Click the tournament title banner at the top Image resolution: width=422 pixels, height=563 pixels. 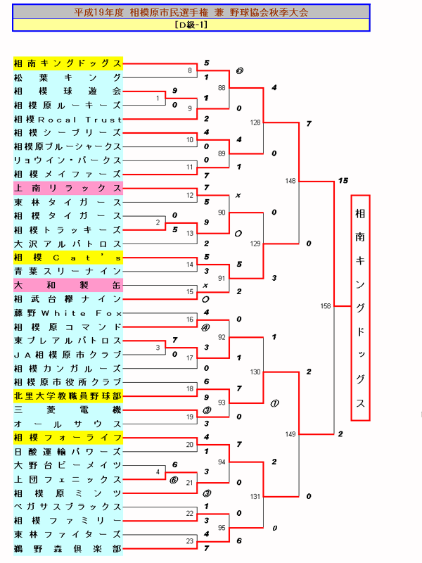191,12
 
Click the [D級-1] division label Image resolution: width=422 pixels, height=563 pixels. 191,25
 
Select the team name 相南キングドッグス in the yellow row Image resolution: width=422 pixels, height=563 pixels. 68,63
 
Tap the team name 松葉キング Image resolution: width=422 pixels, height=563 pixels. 68,77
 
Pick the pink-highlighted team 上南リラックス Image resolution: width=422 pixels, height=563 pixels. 68,188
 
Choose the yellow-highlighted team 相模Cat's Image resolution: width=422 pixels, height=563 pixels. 68,258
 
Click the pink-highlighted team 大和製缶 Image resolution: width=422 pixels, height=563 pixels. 68,285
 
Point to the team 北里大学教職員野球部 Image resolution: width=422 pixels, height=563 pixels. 68,396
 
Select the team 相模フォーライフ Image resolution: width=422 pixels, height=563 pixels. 68,437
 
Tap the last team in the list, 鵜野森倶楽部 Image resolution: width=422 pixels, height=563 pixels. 68,548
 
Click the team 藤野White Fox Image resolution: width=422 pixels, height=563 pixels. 68,312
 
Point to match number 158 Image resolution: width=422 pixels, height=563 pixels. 325,306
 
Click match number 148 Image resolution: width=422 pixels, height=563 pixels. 290,181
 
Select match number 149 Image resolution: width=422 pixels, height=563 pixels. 290,434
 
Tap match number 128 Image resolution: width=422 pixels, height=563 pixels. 255,122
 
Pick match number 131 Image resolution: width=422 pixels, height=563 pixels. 255,496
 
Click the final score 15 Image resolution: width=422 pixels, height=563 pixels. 343,181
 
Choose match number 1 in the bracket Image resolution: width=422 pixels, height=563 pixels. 158,99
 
